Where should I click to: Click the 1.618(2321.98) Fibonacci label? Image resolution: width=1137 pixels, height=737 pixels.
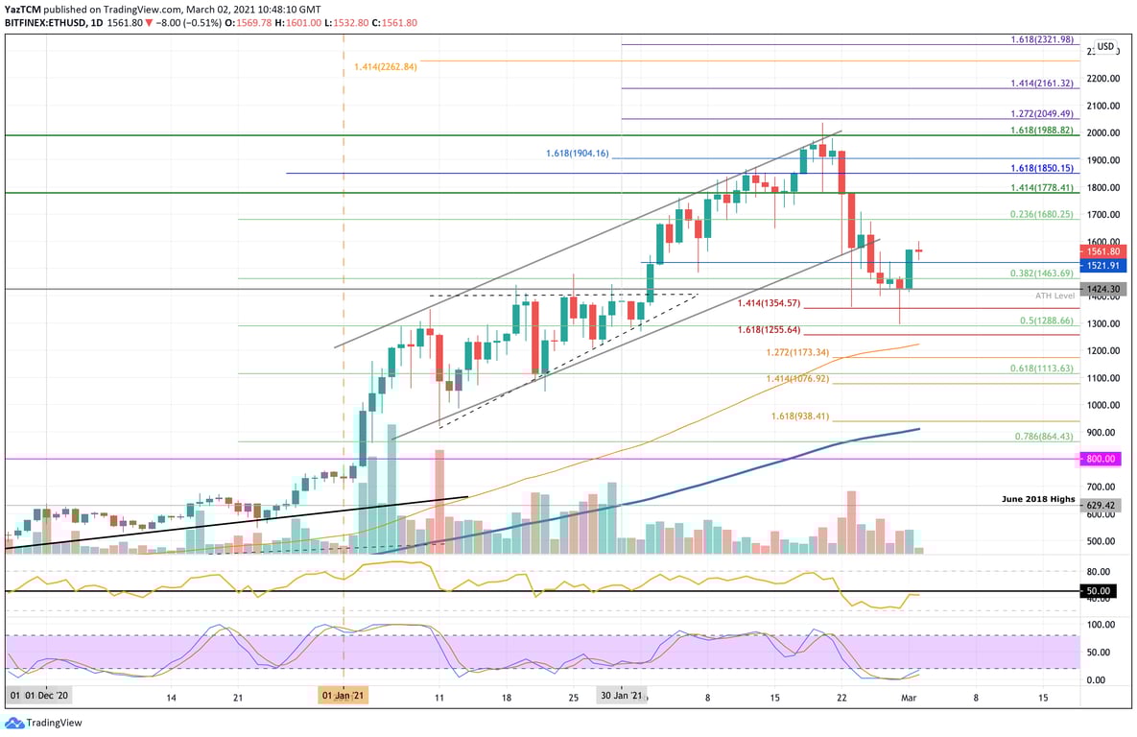point(1042,39)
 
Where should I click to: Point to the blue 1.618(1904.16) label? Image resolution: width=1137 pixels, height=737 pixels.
point(577,153)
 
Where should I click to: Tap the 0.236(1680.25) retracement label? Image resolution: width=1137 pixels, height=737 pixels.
point(1042,215)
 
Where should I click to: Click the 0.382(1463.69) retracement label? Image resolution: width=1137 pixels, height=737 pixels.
point(1042,273)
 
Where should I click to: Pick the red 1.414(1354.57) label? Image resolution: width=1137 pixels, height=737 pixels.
point(768,303)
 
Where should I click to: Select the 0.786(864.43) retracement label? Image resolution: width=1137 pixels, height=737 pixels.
point(1045,437)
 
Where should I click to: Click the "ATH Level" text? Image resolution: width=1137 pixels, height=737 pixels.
point(1054,296)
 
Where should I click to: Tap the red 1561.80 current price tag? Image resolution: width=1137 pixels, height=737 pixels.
point(1101,250)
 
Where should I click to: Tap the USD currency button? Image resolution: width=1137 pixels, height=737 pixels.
point(1105,46)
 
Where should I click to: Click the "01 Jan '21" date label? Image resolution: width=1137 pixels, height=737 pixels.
point(343,695)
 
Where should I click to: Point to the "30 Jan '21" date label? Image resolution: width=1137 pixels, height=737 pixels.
point(621,695)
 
